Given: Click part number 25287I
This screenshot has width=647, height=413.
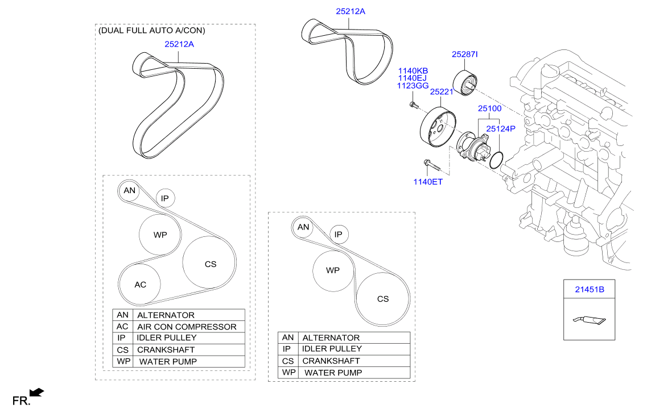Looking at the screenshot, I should pos(464,55).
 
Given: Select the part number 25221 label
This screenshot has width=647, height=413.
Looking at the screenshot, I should pos(441,91).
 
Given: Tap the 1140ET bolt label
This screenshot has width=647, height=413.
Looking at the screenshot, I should pos(427,182).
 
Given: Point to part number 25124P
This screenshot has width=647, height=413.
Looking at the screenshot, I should pos(500,128).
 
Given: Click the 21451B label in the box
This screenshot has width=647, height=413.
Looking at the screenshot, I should pos(589,290).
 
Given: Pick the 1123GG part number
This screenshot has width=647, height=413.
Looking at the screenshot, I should pos(413,86).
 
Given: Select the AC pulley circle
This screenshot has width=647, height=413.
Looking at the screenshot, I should pos(140,284).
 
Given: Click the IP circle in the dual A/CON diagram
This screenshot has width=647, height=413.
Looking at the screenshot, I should pos(165,198).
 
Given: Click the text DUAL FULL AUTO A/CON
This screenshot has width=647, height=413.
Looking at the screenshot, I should pos(152,30).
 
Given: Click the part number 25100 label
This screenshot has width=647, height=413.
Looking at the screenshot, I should pos(489,108).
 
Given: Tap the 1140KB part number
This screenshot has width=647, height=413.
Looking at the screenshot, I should pos(413,70).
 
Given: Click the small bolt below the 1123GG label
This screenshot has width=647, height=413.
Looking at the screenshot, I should pos(413,105).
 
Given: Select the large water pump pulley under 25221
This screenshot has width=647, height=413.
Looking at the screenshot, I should pos(437,130).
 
